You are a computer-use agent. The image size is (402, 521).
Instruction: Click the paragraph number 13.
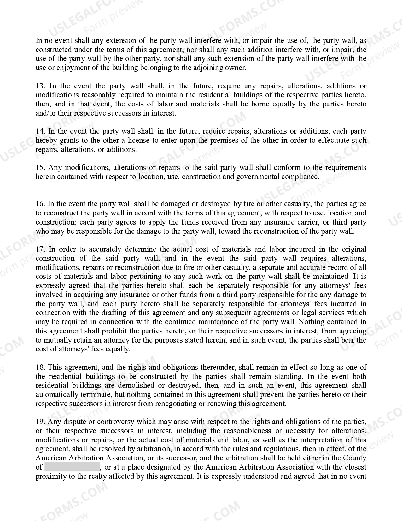(x=40, y=86)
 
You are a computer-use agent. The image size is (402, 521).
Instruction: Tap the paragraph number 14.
(x=40, y=131)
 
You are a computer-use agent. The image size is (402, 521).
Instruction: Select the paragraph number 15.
(x=40, y=168)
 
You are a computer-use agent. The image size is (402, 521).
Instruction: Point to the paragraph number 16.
(x=40, y=204)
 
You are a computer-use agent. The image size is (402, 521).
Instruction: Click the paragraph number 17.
(x=40, y=249)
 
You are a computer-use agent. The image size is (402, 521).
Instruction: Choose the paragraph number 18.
(x=40, y=368)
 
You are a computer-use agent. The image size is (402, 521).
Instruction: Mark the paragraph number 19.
(x=40, y=422)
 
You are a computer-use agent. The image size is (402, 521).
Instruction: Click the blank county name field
(x=72, y=467)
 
